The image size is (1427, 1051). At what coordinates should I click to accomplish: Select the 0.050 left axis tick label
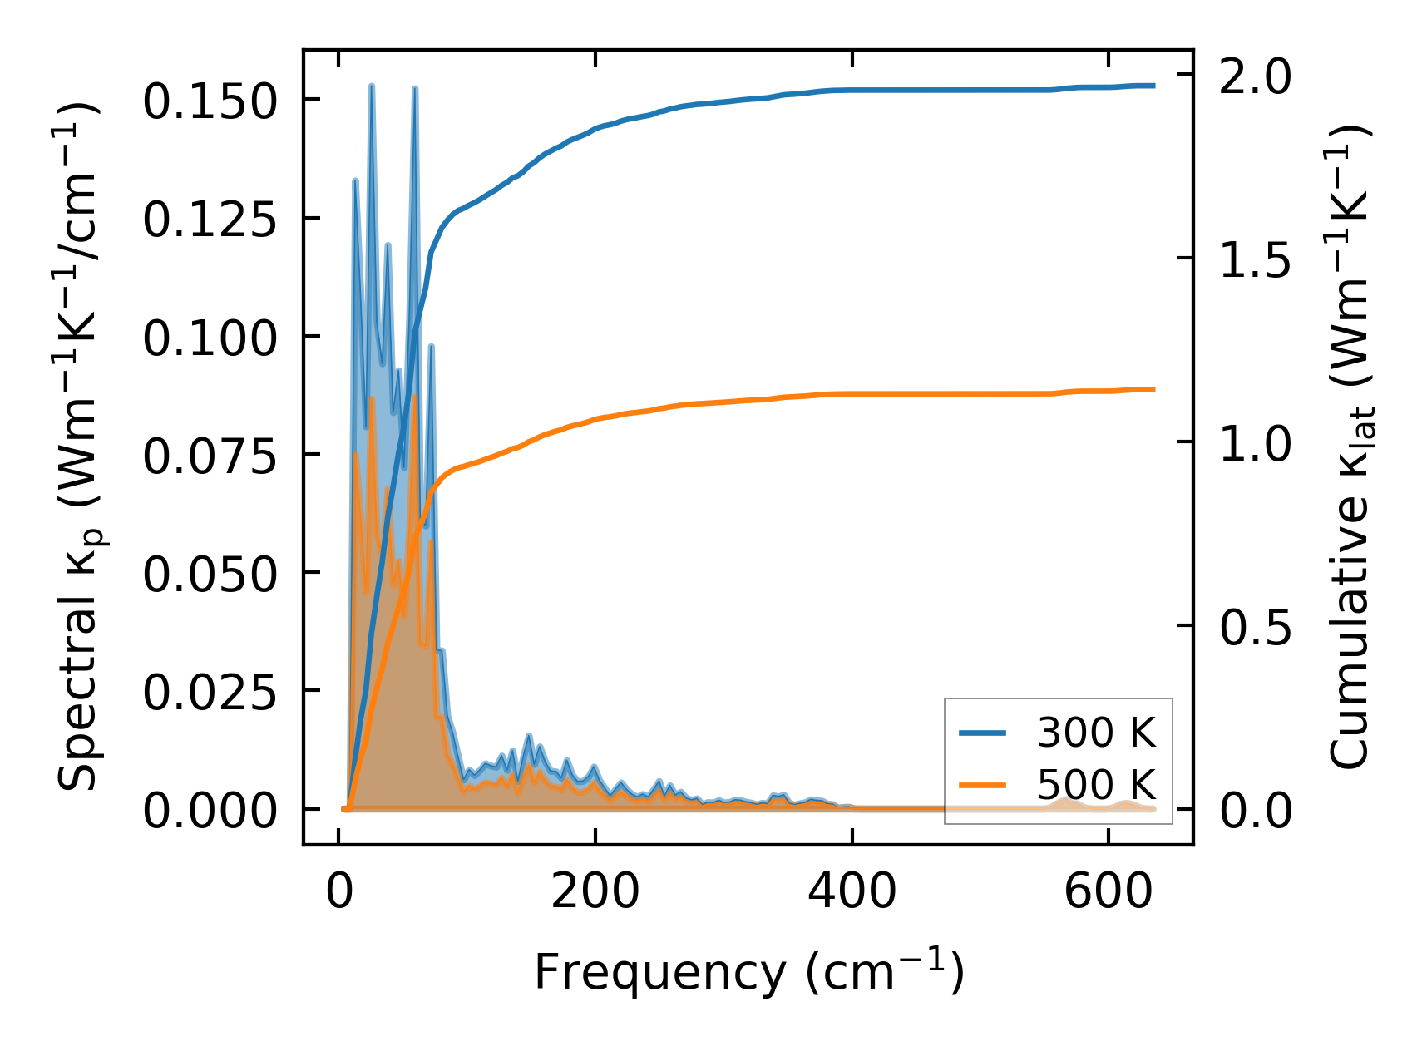(x=209, y=574)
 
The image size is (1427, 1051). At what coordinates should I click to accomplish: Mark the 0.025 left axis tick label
(x=209, y=692)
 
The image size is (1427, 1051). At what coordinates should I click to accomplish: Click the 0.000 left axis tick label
(x=209, y=810)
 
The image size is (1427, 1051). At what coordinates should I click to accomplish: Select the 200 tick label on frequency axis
(x=595, y=893)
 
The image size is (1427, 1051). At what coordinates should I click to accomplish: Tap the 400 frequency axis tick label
(x=852, y=893)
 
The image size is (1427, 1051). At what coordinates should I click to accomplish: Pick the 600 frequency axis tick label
(x=1109, y=893)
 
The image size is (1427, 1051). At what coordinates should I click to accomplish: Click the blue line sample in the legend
(x=983, y=733)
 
